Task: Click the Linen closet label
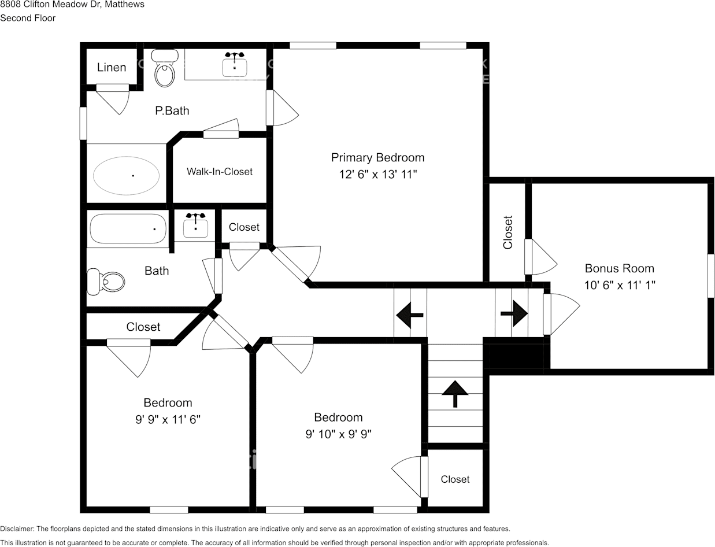click(112, 68)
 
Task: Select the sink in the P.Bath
click(235, 65)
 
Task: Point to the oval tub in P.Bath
click(127, 176)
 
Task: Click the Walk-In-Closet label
click(220, 172)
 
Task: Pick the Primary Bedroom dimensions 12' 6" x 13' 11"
click(378, 174)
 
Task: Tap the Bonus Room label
click(619, 268)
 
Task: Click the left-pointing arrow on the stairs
click(410, 315)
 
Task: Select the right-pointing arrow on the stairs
click(513, 313)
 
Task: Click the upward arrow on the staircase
click(455, 393)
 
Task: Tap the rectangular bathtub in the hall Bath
click(128, 228)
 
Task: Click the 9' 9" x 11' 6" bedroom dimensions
click(168, 420)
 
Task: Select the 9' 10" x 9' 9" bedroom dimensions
click(338, 434)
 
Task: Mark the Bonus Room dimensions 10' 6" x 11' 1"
click(619, 285)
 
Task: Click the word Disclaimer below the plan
click(17, 528)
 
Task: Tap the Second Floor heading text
click(28, 18)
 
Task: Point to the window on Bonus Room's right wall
click(710, 275)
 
